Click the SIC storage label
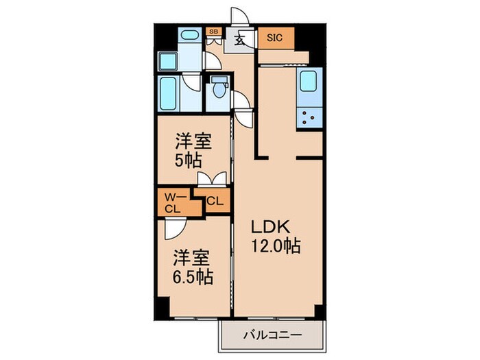tap(276, 38)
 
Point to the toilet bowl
tap(219, 89)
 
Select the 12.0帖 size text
tap(274, 246)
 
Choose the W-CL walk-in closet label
tap(173, 203)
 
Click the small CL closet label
tap(214, 202)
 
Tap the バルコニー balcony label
tap(271, 336)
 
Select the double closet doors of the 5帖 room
tap(211, 180)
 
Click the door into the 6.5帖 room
tap(171, 227)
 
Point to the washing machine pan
tap(169, 60)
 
